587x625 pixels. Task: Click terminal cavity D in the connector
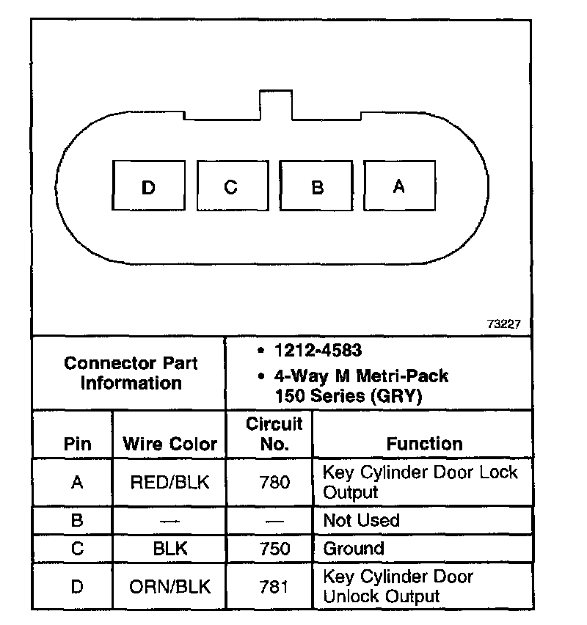click(148, 188)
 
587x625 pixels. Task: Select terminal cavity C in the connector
click(231, 188)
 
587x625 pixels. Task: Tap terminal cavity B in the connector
click(317, 188)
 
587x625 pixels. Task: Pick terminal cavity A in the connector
click(398, 187)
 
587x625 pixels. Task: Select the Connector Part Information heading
click(131, 373)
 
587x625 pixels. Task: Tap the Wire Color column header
click(169, 444)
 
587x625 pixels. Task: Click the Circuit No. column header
click(274, 434)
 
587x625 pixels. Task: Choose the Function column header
click(424, 444)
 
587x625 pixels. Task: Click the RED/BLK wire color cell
click(169, 482)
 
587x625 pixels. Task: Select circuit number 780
click(274, 482)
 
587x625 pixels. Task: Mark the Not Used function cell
click(361, 521)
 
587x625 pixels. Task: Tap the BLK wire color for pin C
click(169, 549)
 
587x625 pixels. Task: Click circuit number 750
click(274, 549)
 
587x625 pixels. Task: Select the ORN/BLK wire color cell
click(169, 587)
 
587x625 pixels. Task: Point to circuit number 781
click(274, 587)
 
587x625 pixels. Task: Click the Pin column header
click(78, 444)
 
